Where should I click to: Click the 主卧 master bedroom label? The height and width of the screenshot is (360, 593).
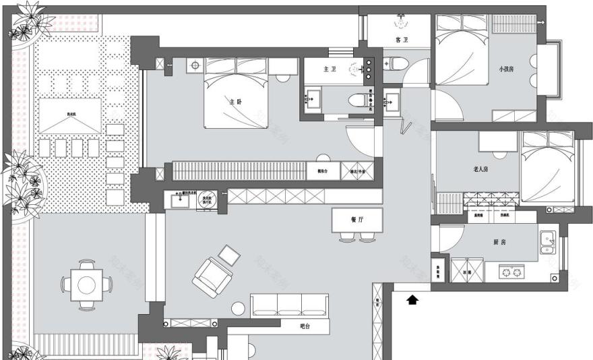(235, 102)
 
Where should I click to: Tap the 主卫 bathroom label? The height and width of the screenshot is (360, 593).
(330, 69)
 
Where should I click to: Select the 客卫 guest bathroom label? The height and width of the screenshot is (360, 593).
(402, 41)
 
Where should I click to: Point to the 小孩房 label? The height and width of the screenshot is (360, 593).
(507, 69)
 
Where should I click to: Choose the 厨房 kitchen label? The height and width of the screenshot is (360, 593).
(499, 241)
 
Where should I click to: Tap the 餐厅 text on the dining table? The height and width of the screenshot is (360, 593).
(357, 220)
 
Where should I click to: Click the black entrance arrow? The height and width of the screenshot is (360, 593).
(412, 299)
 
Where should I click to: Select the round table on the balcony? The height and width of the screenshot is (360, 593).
(86, 284)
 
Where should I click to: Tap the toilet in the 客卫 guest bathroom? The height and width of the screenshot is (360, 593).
(396, 64)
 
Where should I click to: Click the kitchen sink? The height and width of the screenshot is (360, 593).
(547, 239)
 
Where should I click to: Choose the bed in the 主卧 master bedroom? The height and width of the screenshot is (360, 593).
(237, 92)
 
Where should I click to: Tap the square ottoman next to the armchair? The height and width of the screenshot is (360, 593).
(229, 255)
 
